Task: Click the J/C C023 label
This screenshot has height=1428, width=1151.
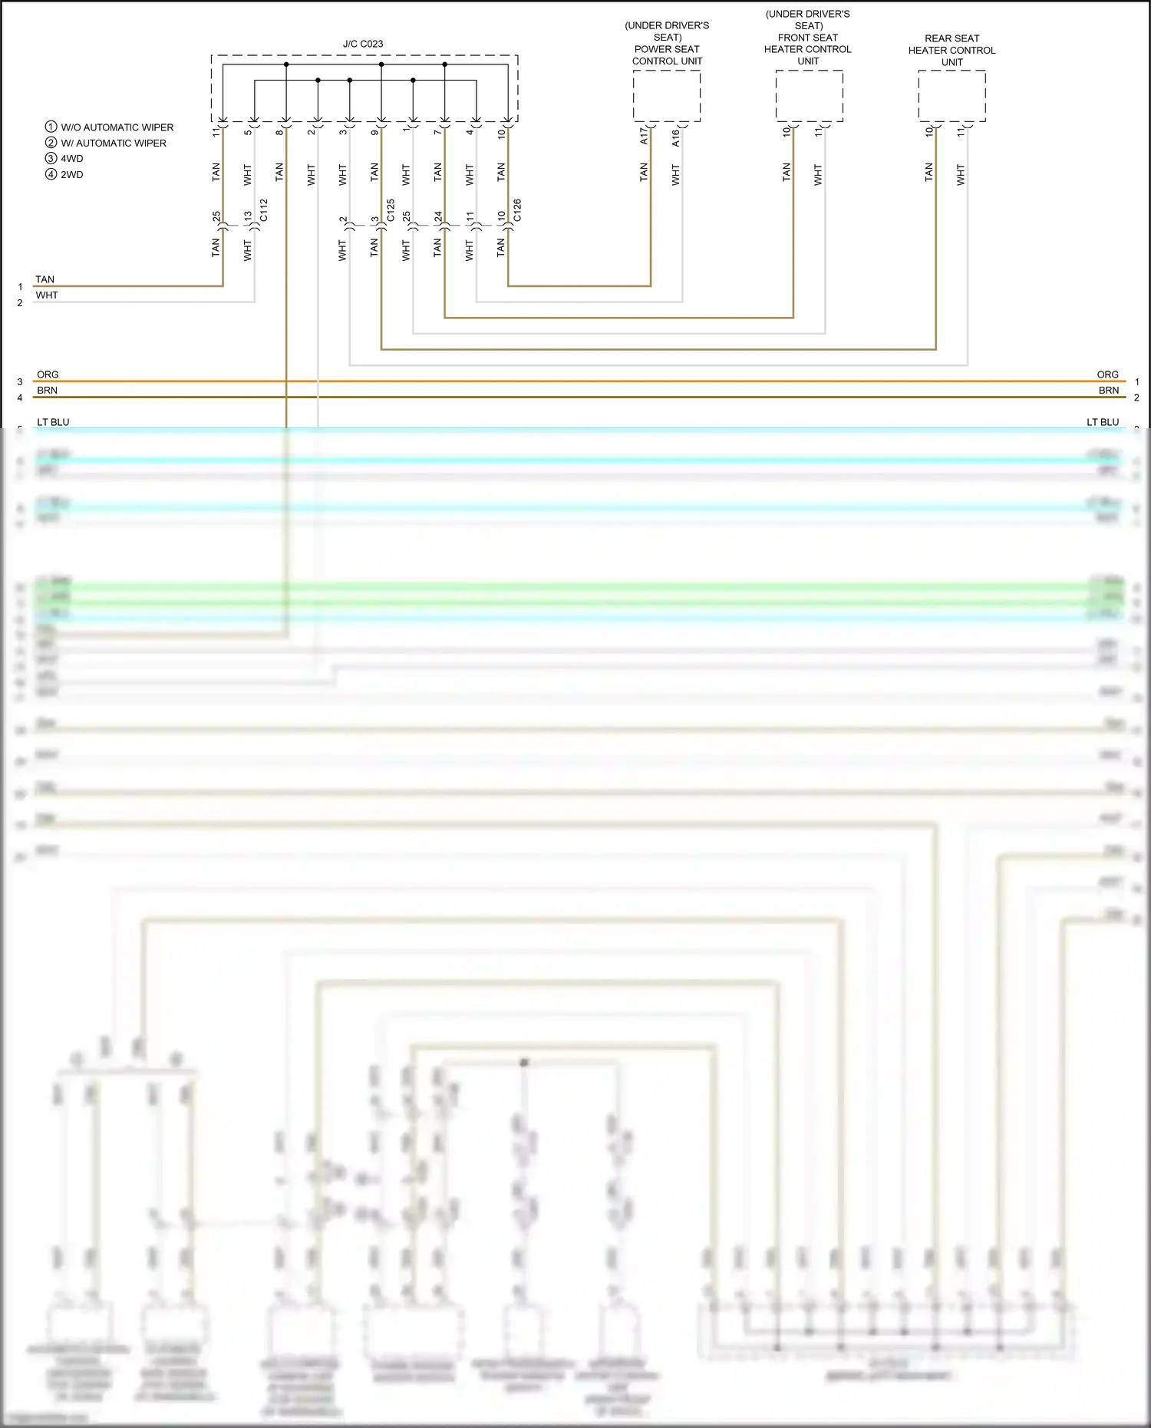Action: click(x=363, y=44)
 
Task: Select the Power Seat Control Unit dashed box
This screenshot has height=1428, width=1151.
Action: click(x=666, y=96)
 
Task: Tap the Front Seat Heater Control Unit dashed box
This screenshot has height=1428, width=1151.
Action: click(x=809, y=96)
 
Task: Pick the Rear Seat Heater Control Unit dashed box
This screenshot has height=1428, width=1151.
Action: click(x=951, y=96)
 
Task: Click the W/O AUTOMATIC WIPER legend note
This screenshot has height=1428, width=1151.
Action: click(x=117, y=127)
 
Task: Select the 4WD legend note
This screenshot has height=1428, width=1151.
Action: click(x=71, y=159)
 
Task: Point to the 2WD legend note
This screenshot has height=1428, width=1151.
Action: click(x=71, y=175)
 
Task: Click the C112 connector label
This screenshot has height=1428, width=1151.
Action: click(x=264, y=210)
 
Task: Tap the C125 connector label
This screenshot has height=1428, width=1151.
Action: click(x=391, y=210)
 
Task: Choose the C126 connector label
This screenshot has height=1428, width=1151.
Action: click(x=517, y=210)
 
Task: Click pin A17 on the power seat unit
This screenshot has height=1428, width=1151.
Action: click(x=644, y=137)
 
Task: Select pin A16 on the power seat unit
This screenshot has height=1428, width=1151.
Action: click(x=675, y=137)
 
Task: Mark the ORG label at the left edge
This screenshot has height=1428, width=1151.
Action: click(x=48, y=374)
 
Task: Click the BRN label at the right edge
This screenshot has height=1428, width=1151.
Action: click(x=1108, y=391)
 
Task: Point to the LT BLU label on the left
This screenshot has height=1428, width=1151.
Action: click(x=53, y=422)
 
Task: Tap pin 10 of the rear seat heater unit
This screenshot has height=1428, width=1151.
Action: click(x=929, y=132)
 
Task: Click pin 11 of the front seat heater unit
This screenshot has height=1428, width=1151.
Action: click(x=818, y=132)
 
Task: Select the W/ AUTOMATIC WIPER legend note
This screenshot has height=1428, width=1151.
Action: click(x=113, y=143)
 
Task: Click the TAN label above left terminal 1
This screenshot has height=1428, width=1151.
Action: click(x=45, y=279)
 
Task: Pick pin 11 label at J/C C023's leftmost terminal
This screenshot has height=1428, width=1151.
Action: click(x=216, y=132)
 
